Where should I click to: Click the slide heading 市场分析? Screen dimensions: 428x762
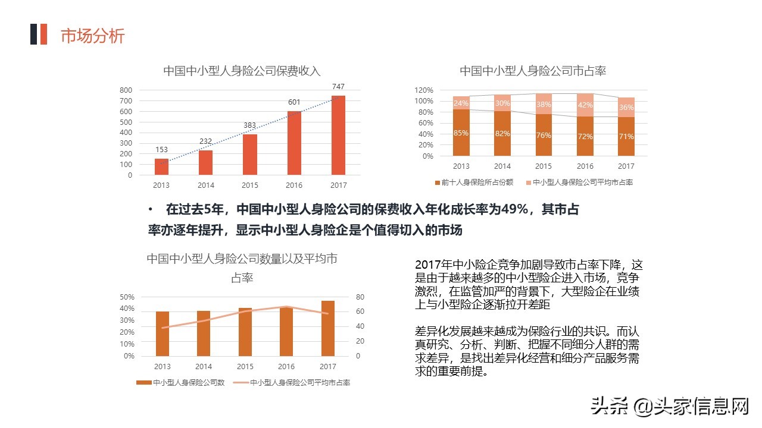[92, 36]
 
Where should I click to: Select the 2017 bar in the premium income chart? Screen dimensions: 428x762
[338, 135]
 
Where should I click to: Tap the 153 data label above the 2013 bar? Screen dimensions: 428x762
[161, 150]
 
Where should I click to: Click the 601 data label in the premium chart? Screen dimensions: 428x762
[294, 102]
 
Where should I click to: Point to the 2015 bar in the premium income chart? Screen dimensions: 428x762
[250, 155]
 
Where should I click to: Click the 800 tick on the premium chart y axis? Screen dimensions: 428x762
[126, 90]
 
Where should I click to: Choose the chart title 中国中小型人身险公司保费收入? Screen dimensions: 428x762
[242, 71]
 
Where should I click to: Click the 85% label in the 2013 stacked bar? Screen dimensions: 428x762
[461, 133]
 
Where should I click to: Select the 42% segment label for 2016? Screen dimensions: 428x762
[585, 105]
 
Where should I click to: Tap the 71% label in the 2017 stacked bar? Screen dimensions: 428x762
[626, 137]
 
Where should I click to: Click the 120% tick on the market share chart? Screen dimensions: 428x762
[424, 90]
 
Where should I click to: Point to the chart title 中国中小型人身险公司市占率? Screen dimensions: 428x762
[533, 71]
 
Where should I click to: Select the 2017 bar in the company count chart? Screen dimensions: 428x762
[328, 328]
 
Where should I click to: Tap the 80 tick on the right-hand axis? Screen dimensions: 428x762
[360, 297]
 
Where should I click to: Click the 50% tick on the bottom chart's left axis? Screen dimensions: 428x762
[127, 297]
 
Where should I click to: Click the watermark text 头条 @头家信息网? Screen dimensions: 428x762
[669, 407]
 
